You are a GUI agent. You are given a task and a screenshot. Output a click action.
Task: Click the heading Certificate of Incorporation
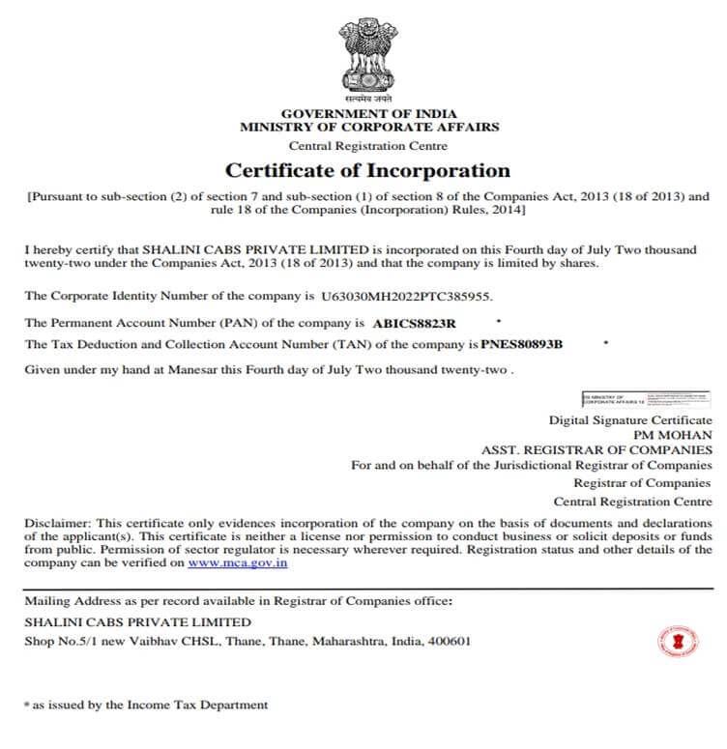click(367, 171)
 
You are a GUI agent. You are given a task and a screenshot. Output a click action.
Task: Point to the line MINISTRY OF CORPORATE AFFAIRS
click(369, 127)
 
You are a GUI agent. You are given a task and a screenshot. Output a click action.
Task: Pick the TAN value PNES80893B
click(522, 344)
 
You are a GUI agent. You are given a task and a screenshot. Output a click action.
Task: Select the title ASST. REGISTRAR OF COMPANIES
click(596, 450)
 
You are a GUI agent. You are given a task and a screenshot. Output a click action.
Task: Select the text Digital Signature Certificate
click(630, 420)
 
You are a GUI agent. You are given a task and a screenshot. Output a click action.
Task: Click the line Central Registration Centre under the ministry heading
click(368, 147)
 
